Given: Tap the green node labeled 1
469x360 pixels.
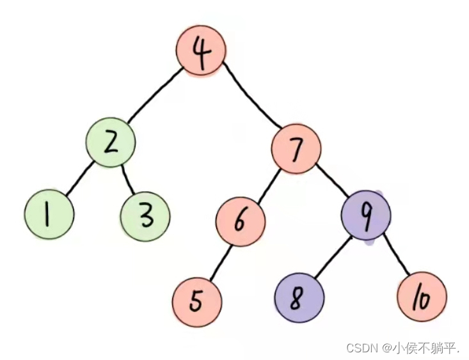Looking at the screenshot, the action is (49, 215).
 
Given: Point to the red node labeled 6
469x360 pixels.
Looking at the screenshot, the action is (240, 221).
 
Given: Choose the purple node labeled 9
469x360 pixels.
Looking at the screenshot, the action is (365, 215).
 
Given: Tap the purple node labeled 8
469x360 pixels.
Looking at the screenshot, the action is (299, 298).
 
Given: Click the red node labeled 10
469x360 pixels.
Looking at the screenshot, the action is (421, 298).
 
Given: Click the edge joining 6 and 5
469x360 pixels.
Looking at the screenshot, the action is (219, 260).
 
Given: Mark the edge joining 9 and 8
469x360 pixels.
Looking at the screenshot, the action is (331, 257).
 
